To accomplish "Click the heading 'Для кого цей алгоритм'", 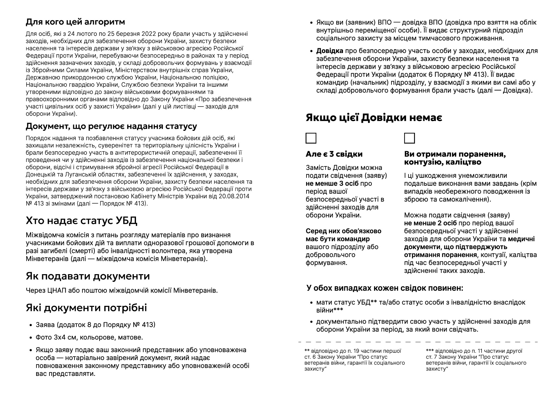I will [75, 22].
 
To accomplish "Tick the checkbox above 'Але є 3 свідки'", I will [311, 139].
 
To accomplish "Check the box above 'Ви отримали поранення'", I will [409, 139].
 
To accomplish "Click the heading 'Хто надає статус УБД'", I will [81, 221].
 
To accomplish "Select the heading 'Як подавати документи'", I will [88, 276].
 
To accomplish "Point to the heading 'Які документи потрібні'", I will [86, 308].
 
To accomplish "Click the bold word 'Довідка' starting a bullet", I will [330, 51].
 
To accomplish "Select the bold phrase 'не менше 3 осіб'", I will [332, 184].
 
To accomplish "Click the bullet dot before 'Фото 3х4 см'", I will [31, 338].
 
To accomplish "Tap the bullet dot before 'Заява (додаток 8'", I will [31, 325].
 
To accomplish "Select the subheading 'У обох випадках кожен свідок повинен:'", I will [385, 288].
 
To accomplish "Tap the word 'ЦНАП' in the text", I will [55, 290].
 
